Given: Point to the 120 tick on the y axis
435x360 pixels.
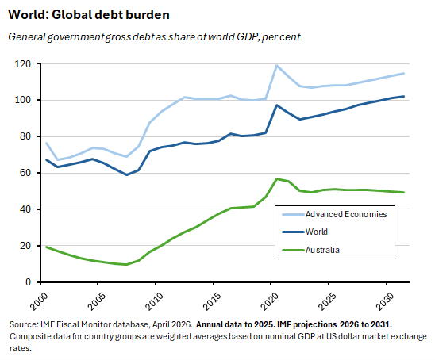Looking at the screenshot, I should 28,63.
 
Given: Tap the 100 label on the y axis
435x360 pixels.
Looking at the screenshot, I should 28,100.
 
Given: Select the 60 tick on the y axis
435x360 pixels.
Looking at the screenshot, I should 30,173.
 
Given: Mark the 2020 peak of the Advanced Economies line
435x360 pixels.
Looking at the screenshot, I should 276,65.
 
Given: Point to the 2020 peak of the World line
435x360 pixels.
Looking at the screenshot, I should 276,105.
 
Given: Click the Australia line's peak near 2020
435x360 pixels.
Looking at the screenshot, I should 276,178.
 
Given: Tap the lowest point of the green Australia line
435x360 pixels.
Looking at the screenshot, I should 126,264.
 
